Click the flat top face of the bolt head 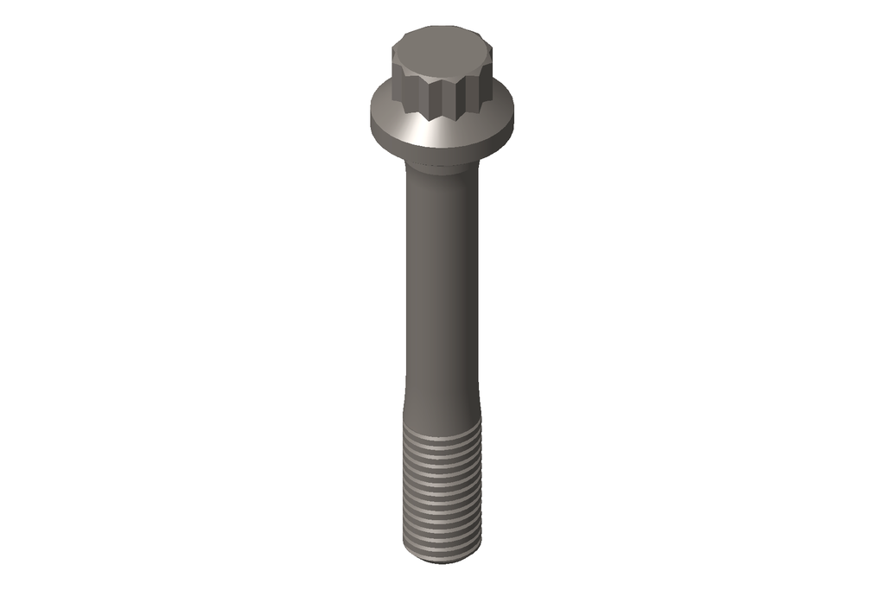point(442,43)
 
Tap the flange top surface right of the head point(499,108)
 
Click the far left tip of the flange point(372,112)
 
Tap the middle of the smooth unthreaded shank point(442,285)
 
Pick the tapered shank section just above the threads point(442,410)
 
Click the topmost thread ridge point(442,435)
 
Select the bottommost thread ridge point(442,546)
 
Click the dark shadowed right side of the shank point(471,285)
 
